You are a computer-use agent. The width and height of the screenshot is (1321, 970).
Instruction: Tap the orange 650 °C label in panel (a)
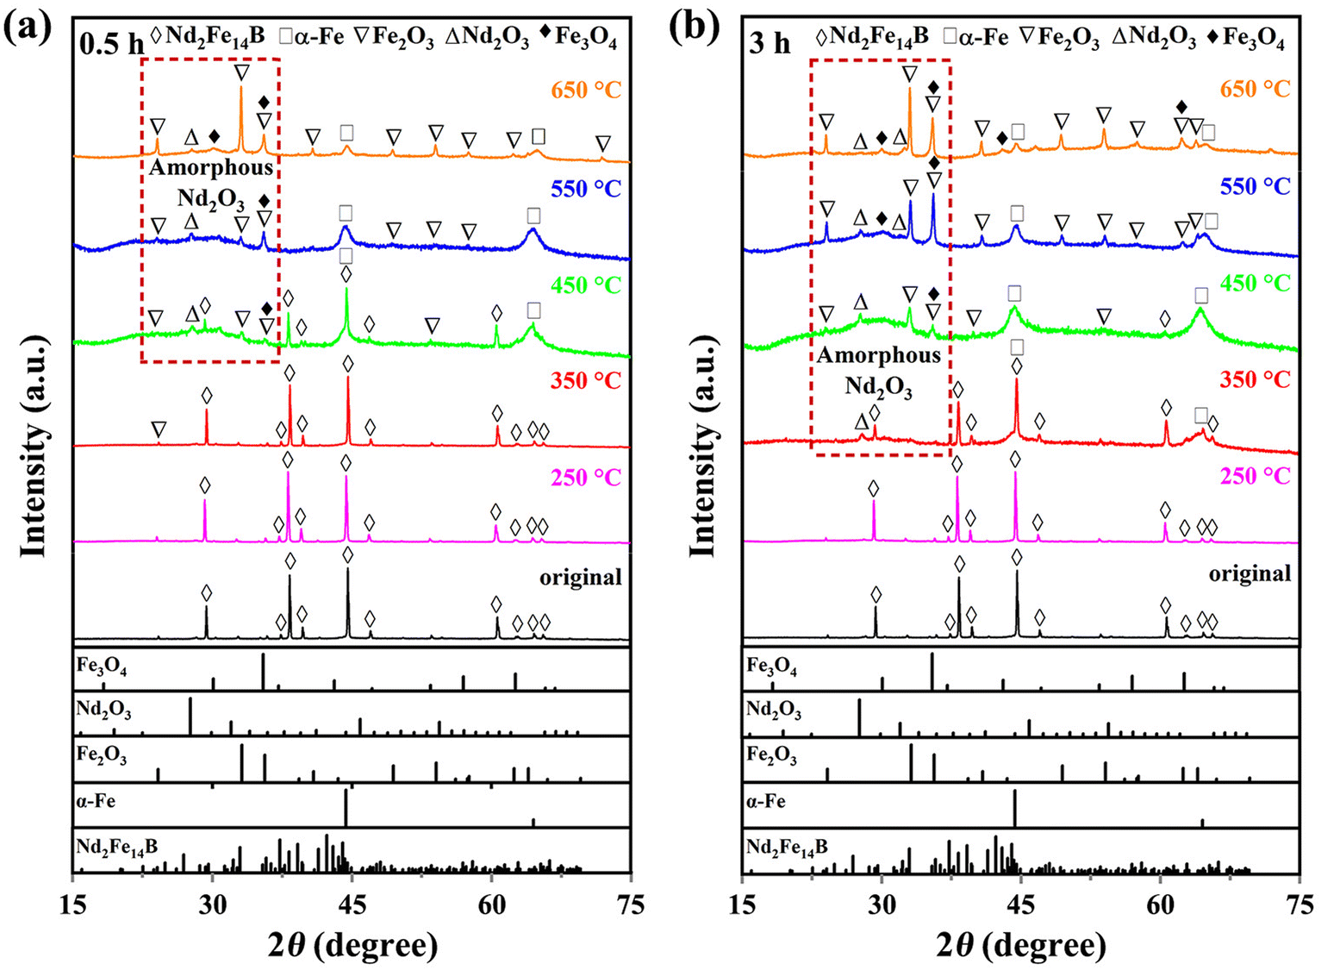(x=586, y=89)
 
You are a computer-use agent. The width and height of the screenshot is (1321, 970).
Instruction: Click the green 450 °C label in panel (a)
(x=586, y=285)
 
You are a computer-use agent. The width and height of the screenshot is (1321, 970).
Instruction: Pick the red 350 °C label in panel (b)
(x=1256, y=379)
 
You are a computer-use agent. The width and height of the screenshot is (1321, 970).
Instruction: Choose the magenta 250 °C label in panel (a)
(x=586, y=477)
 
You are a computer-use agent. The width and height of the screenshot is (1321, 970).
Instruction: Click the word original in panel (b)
(x=1249, y=573)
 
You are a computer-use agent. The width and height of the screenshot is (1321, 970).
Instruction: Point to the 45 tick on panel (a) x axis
(x=351, y=904)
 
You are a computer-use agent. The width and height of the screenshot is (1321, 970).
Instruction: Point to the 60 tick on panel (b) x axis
(x=1160, y=904)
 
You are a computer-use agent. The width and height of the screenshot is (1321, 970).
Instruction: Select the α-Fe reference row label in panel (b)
(x=766, y=801)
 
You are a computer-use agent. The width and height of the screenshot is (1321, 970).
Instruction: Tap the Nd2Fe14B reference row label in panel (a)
(x=117, y=847)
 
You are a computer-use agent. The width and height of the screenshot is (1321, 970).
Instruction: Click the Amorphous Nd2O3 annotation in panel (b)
(x=878, y=370)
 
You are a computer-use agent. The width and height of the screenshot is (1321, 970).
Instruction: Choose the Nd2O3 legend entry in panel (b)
(x=1155, y=37)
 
